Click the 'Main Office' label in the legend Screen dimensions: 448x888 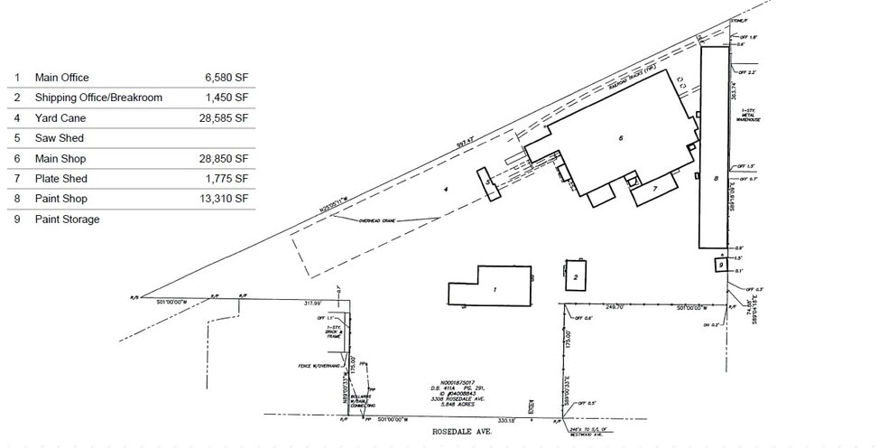click(61, 78)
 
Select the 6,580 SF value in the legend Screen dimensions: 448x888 click(227, 78)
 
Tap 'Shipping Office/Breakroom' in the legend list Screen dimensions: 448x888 click(98, 98)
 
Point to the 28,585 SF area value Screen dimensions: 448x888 click(225, 118)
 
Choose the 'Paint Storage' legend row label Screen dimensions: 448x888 click(67, 219)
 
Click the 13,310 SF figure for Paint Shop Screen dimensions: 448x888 click(225, 199)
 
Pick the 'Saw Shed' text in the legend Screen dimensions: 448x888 click(59, 138)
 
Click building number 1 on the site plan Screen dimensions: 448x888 click(495, 290)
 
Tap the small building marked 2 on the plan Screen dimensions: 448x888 click(575, 276)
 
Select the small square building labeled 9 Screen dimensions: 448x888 click(721, 264)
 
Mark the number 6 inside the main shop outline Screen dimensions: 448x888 click(621, 138)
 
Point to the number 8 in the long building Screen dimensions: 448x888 click(716, 179)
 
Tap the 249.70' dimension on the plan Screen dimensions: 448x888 click(615, 308)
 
